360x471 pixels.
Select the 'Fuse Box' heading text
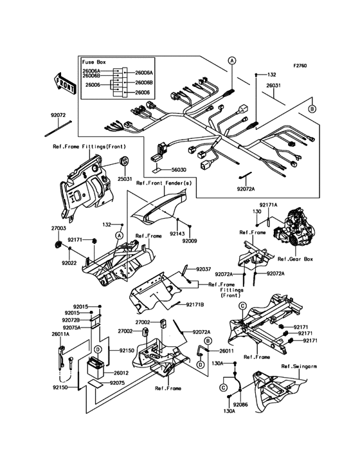94,61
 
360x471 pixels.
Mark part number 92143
178,235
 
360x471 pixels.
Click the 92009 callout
189,241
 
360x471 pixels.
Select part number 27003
60,228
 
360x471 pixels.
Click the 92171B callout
195,304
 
